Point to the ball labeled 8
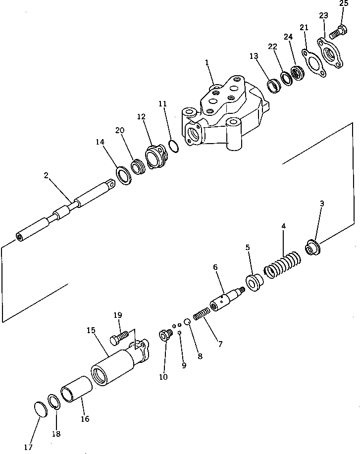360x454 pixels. click(x=188, y=322)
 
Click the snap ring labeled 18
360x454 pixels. click(x=54, y=402)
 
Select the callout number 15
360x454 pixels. click(x=91, y=330)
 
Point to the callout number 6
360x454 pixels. click(x=215, y=267)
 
